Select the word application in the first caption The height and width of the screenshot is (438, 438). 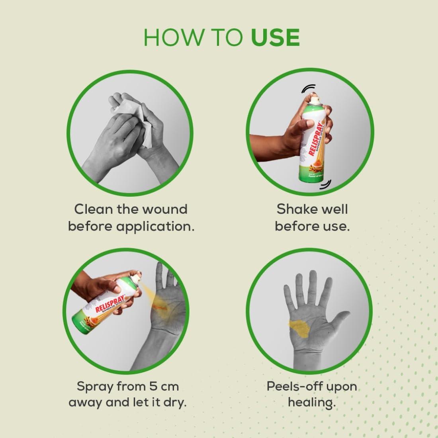point(155,227)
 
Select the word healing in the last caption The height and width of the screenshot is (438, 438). point(312,403)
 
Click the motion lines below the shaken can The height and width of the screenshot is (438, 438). point(326,183)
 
